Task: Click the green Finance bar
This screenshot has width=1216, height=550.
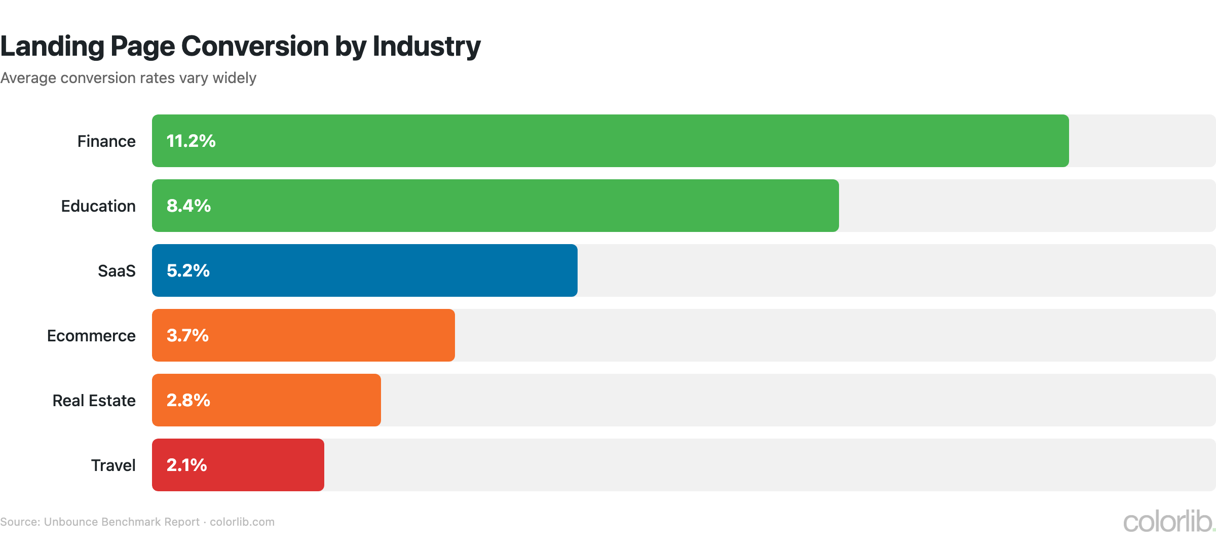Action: (610, 141)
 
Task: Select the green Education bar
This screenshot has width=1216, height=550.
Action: (495, 206)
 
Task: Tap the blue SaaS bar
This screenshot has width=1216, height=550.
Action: (364, 270)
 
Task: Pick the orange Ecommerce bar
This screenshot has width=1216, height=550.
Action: (303, 335)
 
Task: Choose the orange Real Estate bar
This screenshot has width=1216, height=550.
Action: (266, 400)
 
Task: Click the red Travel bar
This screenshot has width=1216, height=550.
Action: (238, 465)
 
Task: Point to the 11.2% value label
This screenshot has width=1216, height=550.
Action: (191, 141)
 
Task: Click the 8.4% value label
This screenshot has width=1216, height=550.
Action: (188, 206)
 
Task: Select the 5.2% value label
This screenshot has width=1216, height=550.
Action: (188, 270)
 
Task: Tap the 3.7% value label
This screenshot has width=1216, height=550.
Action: (187, 335)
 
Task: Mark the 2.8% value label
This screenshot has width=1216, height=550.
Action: (188, 400)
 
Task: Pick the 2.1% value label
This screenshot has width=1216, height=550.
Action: (186, 465)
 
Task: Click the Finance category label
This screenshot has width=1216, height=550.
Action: (106, 141)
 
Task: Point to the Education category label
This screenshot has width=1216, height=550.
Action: (98, 206)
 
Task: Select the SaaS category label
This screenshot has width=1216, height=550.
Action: (117, 271)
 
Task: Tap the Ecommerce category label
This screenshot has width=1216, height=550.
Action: (91, 336)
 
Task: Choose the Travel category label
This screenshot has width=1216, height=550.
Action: (113, 465)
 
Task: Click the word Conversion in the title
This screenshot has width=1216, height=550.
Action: (255, 46)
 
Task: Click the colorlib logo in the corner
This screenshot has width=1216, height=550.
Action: (1168, 522)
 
